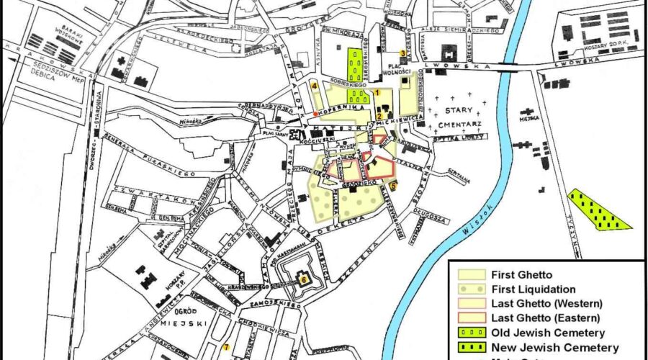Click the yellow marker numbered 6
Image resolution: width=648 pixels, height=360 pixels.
pyautogui.click(x=304, y=279)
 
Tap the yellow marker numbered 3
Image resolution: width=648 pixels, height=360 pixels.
pyautogui.click(x=402, y=53)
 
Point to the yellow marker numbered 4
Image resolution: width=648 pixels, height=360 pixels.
pyautogui.click(x=315, y=86)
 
